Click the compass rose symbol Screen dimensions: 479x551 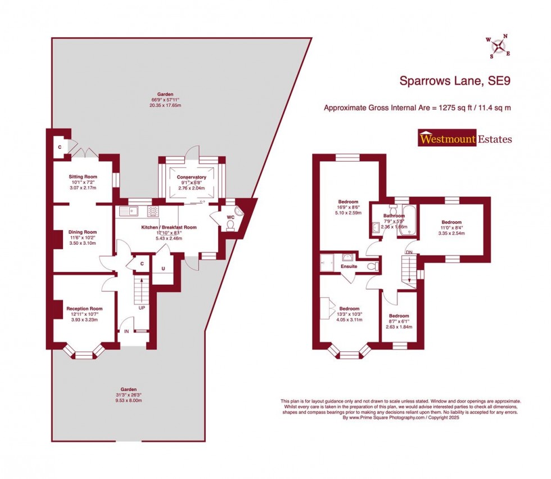point(498,46)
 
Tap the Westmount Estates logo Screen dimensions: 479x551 point(464,138)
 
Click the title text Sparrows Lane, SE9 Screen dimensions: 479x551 point(455,82)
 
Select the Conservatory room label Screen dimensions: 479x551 point(192,177)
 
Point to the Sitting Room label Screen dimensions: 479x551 point(83,177)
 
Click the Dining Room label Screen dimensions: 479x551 point(83,232)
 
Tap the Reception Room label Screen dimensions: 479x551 point(84,308)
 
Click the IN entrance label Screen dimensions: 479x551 point(127,332)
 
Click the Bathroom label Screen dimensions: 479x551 point(394,216)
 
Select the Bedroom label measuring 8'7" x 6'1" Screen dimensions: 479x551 point(399,316)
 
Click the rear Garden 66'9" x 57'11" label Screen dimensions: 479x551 point(165,95)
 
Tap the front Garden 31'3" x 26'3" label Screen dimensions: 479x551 point(130,389)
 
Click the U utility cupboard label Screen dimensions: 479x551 point(162,268)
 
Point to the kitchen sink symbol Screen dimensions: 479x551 point(132,211)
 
